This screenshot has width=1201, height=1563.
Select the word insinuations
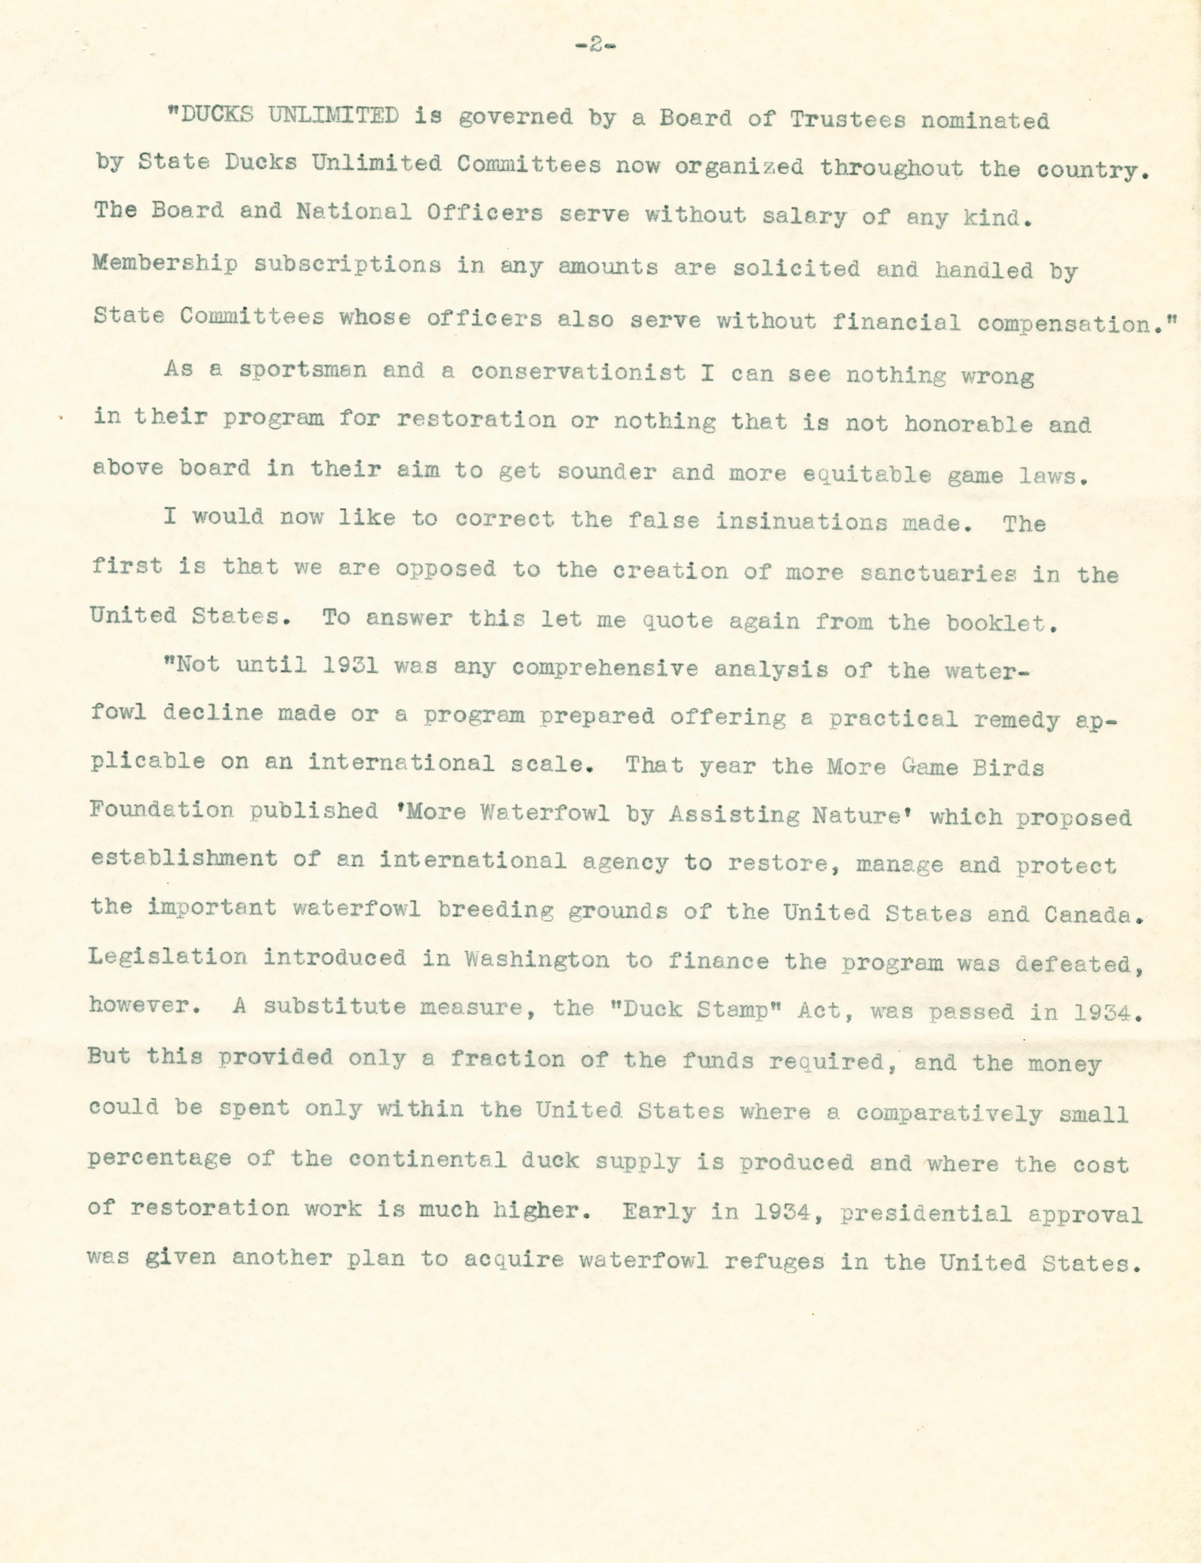click(801, 522)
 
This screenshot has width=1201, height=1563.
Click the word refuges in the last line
click(773, 1262)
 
